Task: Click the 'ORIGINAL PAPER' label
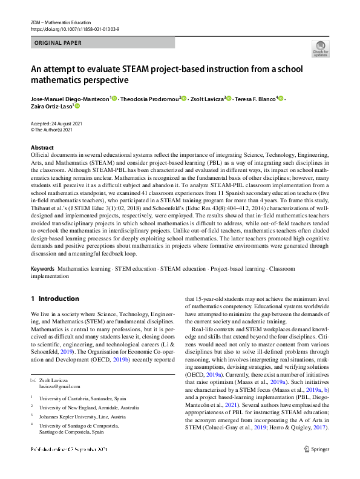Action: (59, 43)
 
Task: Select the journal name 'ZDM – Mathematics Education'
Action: (62, 22)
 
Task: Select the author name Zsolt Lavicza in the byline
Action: (206, 99)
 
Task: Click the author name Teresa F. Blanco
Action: (254, 99)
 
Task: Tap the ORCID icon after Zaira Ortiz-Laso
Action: (77, 106)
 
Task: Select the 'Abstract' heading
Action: (42, 148)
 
